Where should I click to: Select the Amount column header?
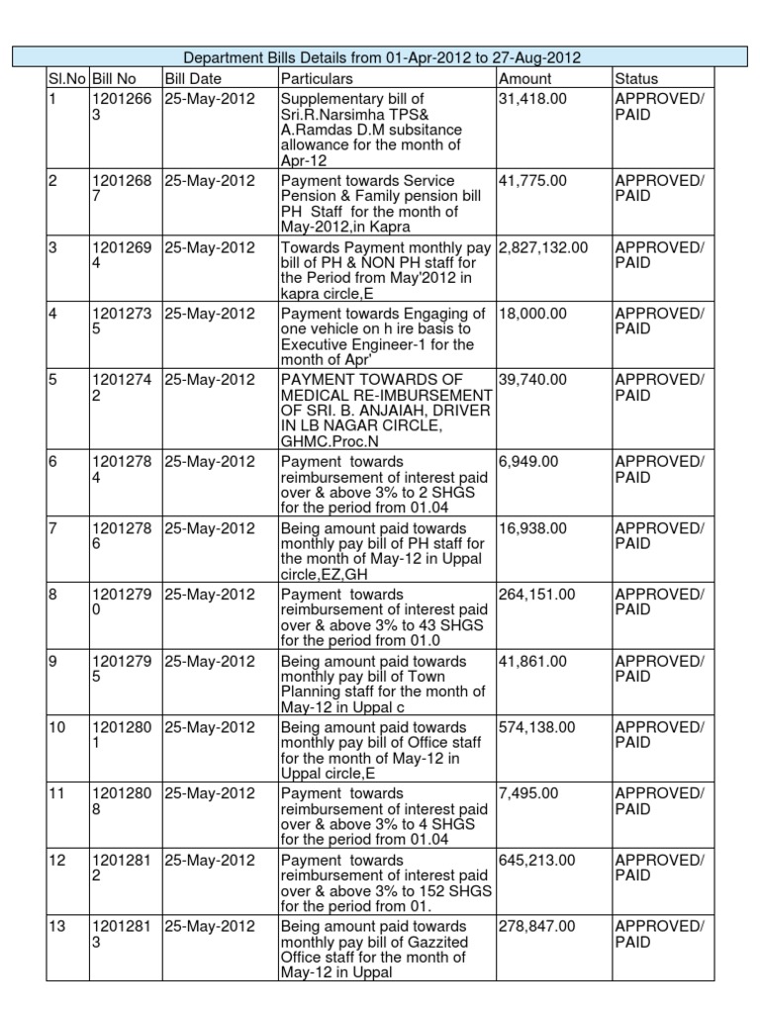tap(525, 78)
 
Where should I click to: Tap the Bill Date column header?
tap(194, 78)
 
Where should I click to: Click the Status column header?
tap(636, 78)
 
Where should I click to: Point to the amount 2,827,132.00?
tap(543, 247)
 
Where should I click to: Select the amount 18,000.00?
tap(532, 314)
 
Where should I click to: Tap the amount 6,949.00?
tap(527, 462)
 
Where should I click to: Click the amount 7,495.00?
tap(527, 793)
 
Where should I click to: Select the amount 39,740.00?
tap(532, 380)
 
